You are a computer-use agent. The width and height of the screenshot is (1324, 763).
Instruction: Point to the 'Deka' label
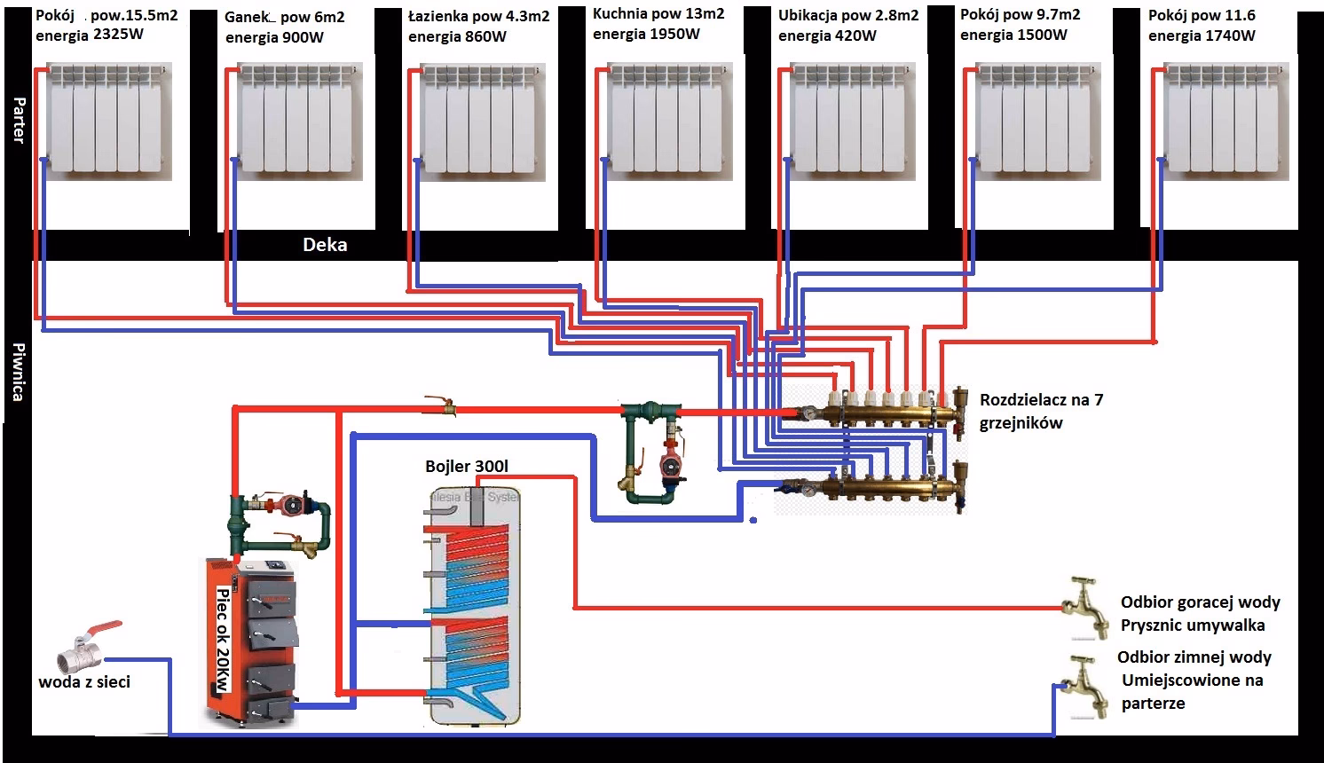[325, 245]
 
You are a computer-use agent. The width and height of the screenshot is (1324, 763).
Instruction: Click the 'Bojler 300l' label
[467, 467]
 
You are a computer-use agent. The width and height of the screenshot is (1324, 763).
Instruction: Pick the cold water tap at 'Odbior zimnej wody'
[1086, 685]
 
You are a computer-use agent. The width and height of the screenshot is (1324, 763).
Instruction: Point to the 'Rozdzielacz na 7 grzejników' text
[1041, 411]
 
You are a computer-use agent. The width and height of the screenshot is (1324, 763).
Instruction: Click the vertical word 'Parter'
[19, 121]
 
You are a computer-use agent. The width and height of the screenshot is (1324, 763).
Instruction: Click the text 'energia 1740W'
[1202, 36]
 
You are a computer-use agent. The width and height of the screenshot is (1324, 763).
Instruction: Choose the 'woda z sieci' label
[84, 682]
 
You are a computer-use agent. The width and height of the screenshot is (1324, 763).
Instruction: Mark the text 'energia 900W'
[274, 38]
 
